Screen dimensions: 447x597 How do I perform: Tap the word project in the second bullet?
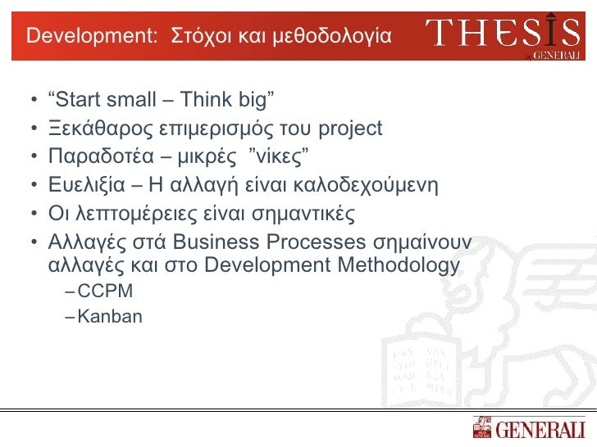click(x=350, y=129)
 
